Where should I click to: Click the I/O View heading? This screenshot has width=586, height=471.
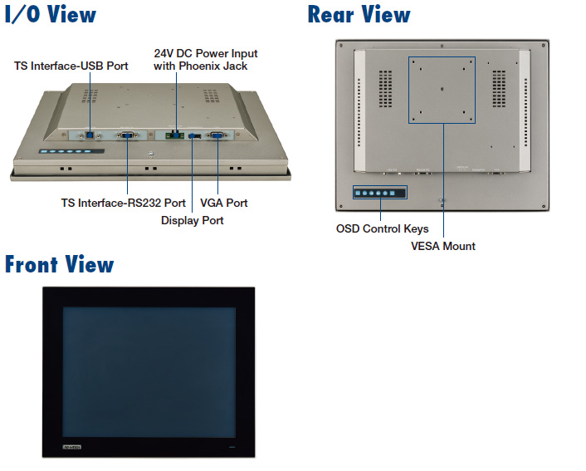(x=51, y=14)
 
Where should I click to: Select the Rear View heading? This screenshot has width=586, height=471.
(x=359, y=14)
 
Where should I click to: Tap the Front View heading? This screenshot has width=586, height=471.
(x=59, y=264)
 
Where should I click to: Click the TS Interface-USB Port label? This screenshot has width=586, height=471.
(x=71, y=66)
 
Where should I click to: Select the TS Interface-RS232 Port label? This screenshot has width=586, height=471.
(x=123, y=203)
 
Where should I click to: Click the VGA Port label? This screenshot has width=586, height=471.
(x=224, y=203)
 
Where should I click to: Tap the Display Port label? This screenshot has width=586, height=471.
(x=192, y=220)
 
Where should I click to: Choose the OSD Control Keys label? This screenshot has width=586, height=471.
(x=382, y=228)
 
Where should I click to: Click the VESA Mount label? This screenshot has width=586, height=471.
(x=443, y=246)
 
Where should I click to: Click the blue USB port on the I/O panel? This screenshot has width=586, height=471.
(x=90, y=132)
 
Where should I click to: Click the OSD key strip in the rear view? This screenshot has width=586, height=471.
(x=378, y=193)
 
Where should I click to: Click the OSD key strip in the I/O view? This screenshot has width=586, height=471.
(x=71, y=153)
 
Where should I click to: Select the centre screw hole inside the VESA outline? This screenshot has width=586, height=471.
(x=442, y=86)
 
